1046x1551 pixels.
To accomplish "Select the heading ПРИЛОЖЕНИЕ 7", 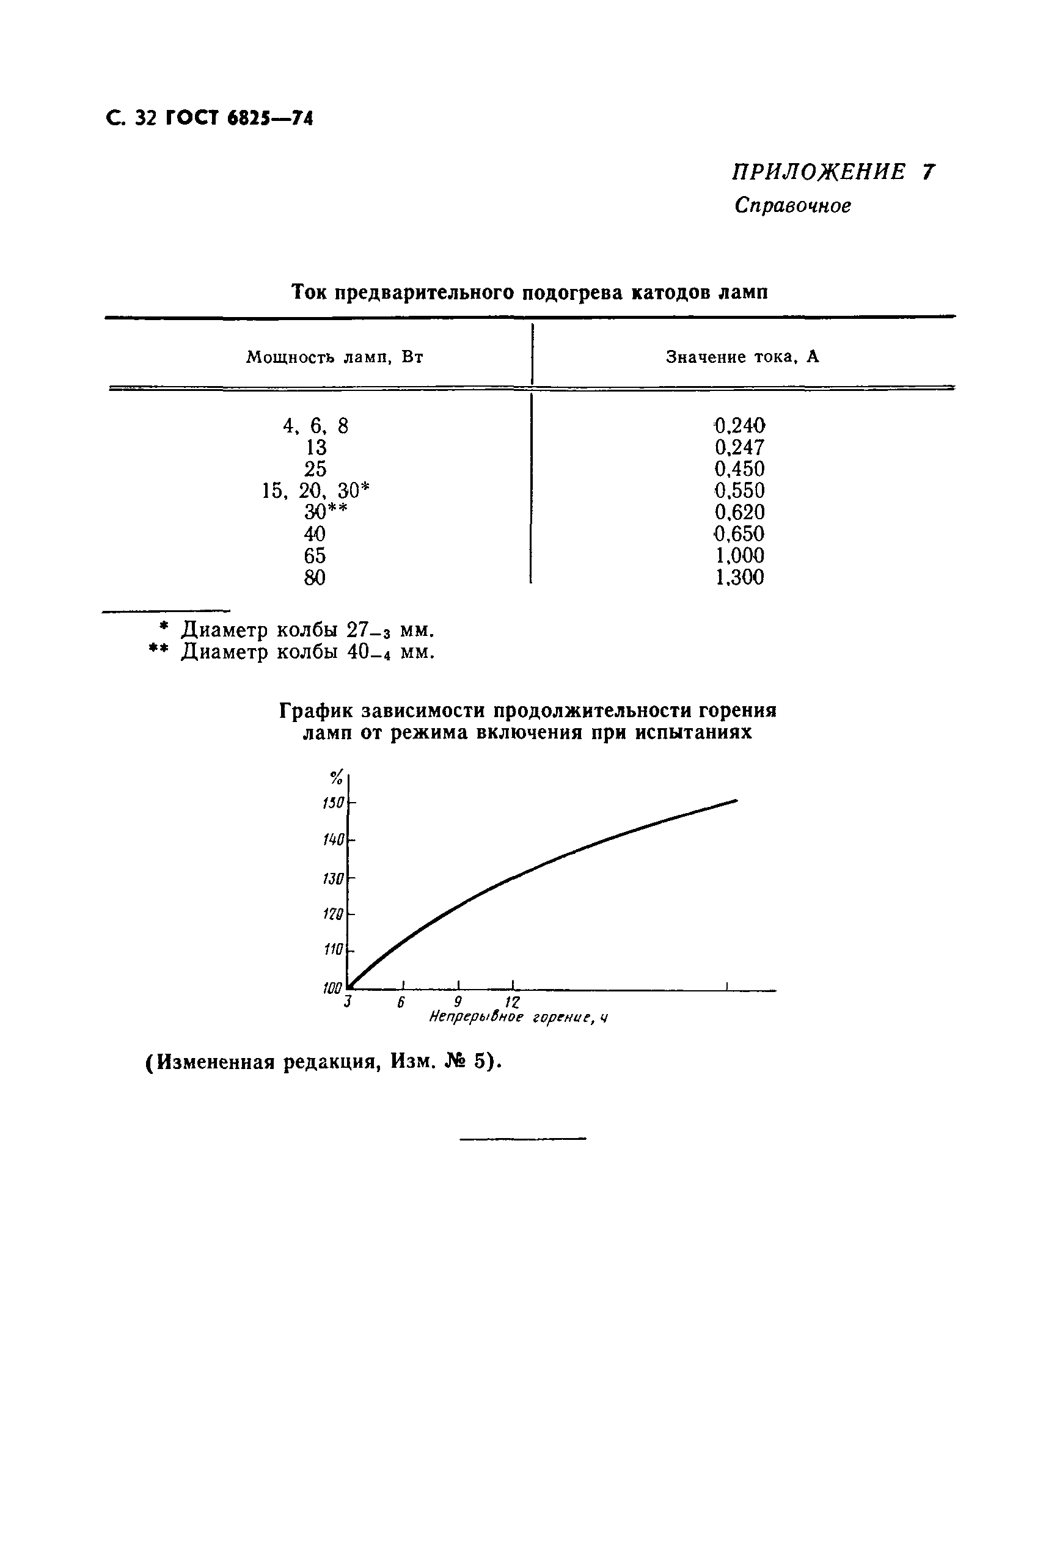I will click(833, 172).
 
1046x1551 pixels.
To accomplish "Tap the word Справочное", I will click(792, 206).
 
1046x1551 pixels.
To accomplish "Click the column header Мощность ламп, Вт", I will click(335, 357).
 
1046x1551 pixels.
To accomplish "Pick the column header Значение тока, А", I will click(742, 357).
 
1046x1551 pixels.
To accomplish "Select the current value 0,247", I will click(739, 447).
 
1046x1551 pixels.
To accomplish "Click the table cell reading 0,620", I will click(739, 512).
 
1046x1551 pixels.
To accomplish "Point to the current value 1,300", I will click(739, 577).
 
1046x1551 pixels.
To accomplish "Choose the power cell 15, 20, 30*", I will click(315, 491).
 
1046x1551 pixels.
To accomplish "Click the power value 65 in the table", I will click(315, 555).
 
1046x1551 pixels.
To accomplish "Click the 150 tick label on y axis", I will click(333, 803).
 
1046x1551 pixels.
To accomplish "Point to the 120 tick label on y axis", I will click(333, 914).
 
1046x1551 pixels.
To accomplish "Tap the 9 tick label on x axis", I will click(458, 1002).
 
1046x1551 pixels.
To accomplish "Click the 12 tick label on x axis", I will click(513, 1002).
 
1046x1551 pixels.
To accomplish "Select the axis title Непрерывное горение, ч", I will click(518, 1018).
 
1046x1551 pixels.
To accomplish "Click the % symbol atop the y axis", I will click(336, 778).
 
